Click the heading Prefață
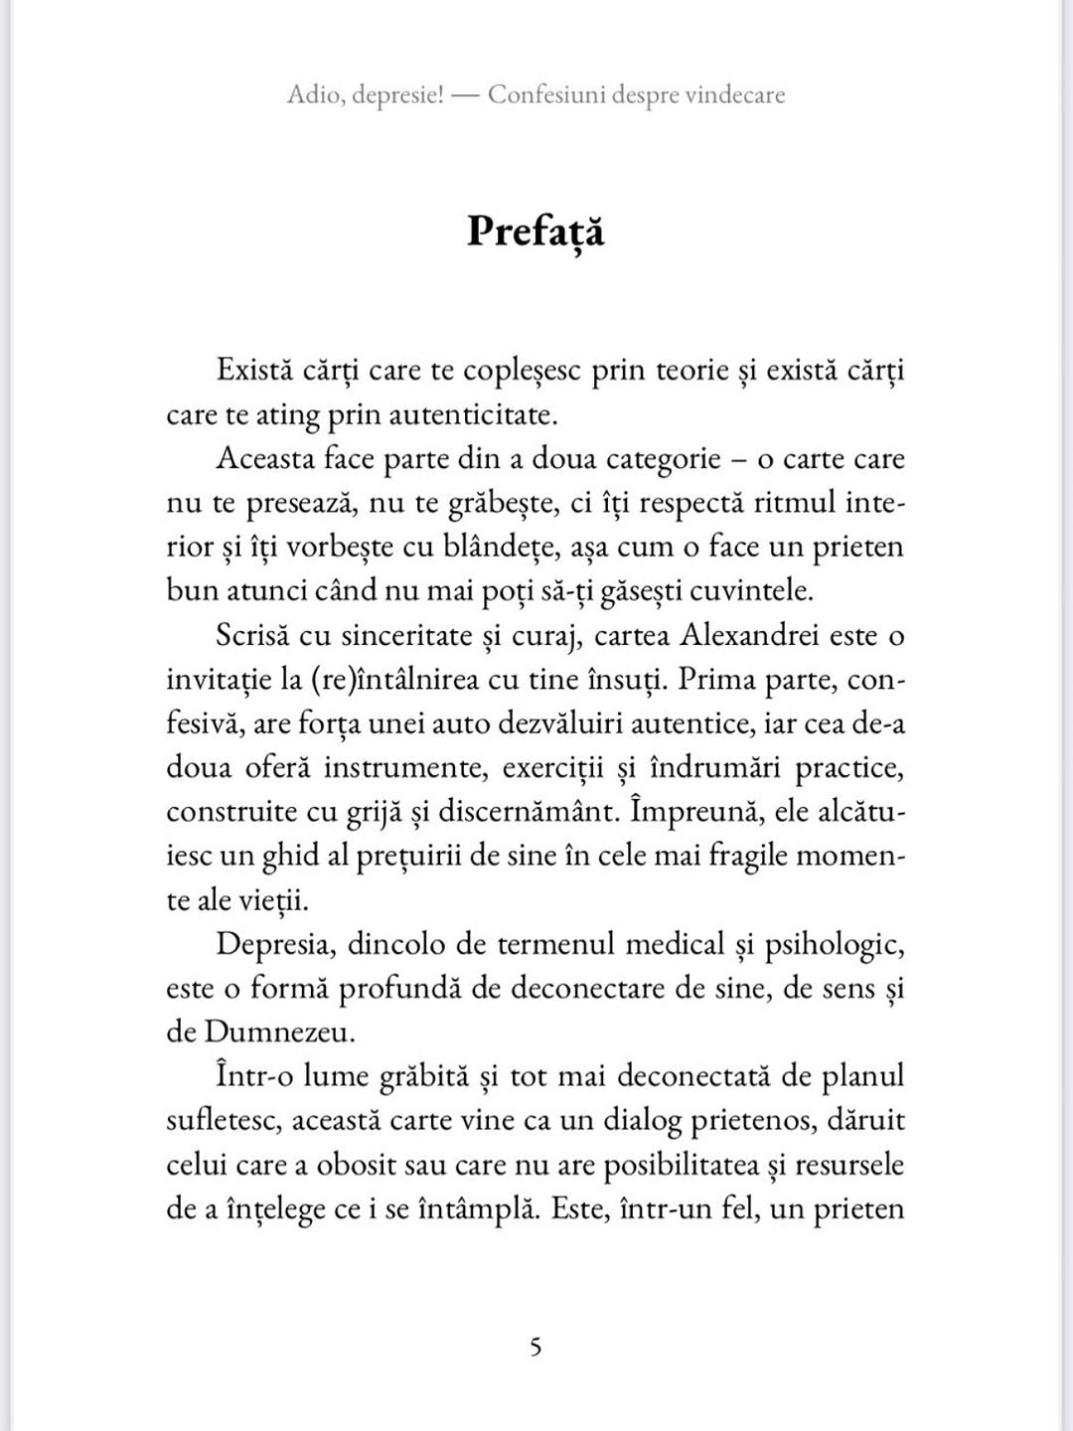click(x=536, y=232)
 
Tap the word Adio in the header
click(x=312, y=95)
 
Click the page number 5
click(x=536, y=1348)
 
